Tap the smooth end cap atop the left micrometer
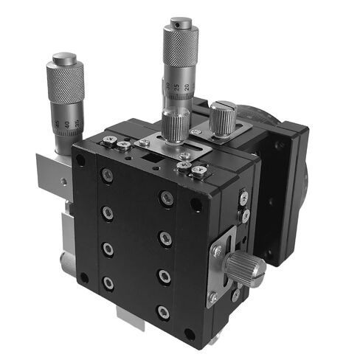[64, 58]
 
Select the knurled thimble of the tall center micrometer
[180, 45]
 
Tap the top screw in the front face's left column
[108, 175]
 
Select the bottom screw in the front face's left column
[108, 283]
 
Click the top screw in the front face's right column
[166, 198]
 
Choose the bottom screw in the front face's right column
[164, 313]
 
